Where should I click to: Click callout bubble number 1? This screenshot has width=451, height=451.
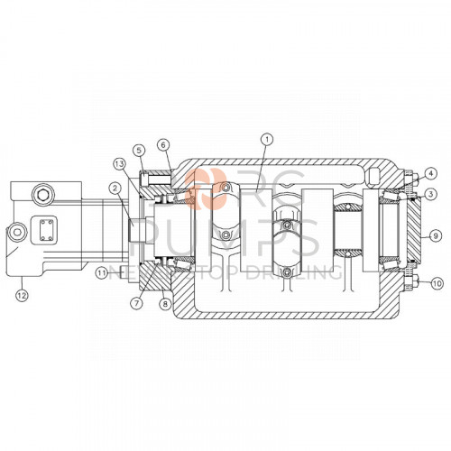[266, 140]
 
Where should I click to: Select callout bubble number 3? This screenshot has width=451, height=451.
[432, 194]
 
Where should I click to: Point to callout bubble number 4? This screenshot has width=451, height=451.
[432, 172]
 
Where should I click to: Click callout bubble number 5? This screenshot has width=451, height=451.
[139, 150]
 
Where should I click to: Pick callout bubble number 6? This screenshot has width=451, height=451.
[162, 144]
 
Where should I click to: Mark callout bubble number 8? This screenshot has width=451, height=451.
[164, 305]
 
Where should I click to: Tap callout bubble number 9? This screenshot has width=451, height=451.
[435, 232]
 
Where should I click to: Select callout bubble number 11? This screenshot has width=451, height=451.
[102, 272]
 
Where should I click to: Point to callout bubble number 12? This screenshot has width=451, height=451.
[23, 291]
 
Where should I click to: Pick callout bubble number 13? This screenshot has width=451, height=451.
[119, 163]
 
